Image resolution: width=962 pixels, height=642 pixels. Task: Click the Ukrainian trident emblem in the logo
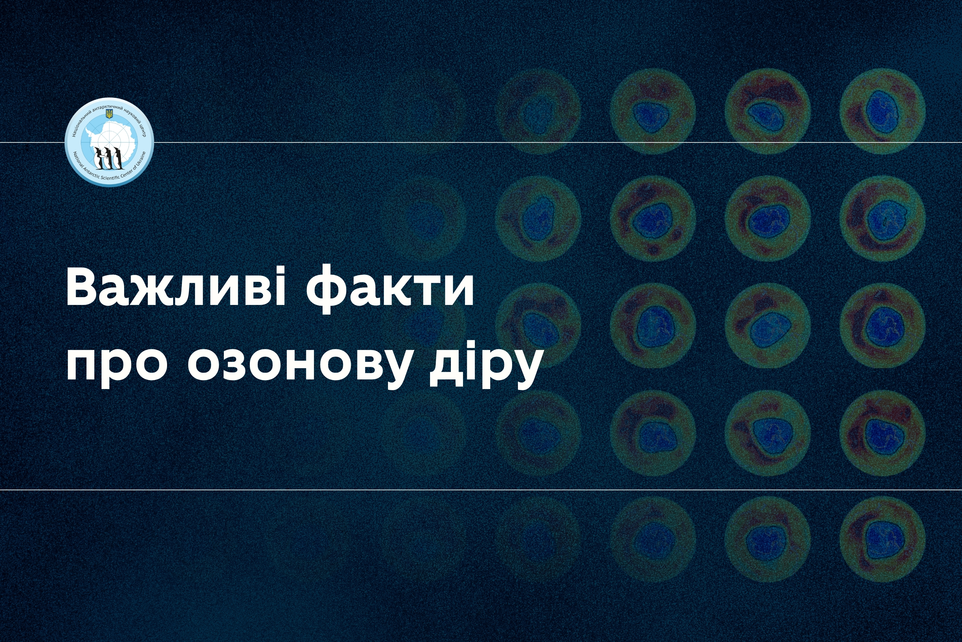coord(109,114)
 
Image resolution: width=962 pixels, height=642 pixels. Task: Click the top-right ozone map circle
coord(883,111)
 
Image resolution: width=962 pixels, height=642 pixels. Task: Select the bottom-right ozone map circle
coord(883,540)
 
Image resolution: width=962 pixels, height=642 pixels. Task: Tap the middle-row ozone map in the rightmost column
coord(883,325)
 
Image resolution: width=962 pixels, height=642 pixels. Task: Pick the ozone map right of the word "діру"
coord(653,325)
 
